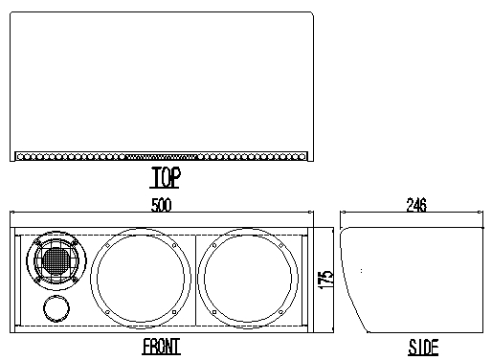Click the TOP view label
pyautogui.click(x=165, y=177)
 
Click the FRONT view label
pyautogui.click(x=161, y=347)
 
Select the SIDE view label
pyautogui.click(x=423, y=348)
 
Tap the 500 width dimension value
pyautogui.click(x=161, y=205)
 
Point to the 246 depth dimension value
pyautogui.click(x=416, y=205)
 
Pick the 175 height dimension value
pyautogui.click(x=325, y=280)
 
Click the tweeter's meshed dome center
pyautogui.click(x=56, y=261)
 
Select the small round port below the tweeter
pyautogui.click(x=56, y=308)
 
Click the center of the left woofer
pyautogui.click(x=141, y=279)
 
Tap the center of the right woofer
pyautogui.click(x=248, y=279)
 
